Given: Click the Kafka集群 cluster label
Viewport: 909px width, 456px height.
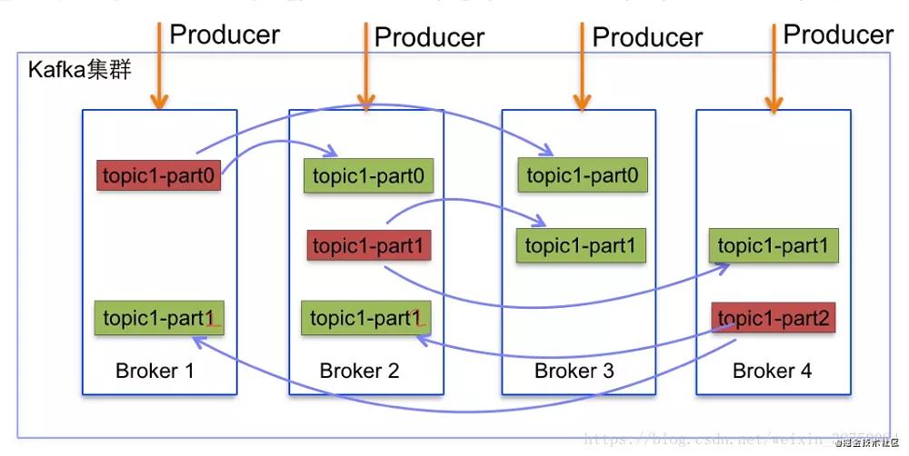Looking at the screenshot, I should [81, 70].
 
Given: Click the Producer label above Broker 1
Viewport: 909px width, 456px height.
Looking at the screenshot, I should [225, 35].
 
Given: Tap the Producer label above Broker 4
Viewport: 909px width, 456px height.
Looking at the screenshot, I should [838, 35].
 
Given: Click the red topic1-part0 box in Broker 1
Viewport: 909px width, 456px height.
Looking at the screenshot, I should [160, 175].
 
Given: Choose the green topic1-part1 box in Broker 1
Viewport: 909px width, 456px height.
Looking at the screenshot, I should [160, 318].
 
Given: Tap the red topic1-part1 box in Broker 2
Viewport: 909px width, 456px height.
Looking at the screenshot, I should [368, 246].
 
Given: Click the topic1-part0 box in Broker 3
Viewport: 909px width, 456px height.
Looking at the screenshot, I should [582, 175].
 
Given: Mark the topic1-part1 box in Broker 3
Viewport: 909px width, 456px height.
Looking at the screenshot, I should [582, 245].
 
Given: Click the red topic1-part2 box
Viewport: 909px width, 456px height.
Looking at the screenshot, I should [772, 317].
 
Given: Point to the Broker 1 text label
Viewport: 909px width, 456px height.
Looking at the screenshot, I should [155, 371].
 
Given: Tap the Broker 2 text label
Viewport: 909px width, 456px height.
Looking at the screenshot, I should [359, 371].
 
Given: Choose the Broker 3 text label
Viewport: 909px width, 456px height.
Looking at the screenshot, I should [574, 371].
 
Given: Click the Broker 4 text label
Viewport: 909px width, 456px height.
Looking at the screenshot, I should [772, 371].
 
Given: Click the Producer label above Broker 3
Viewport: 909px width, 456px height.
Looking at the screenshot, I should [647, 37].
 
